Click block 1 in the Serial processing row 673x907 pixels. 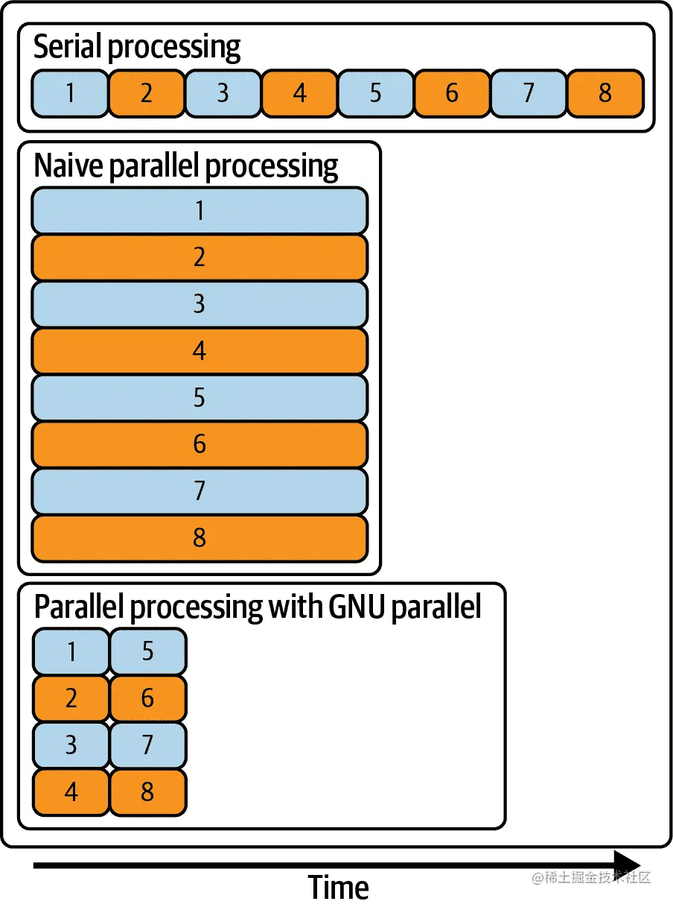(x=70, y=93)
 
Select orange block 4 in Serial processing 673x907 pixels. (x=299, y=93)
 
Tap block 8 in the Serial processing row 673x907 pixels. (x=605, y=93)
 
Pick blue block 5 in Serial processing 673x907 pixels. (x=376, y=93)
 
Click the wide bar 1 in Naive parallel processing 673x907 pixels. (x=200, y=211)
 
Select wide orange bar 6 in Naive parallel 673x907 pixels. (x=200, y=444)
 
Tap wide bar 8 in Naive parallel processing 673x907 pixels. (x=200, y=537)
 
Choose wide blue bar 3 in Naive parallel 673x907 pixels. (x=200, y=304)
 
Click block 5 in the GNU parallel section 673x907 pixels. (x=148, y=651)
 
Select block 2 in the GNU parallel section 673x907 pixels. (x=71, y=698)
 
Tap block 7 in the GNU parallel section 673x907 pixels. (x=148, y=745)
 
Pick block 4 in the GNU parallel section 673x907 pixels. (x=71, y=791)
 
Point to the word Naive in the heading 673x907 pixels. (x=68, y=166)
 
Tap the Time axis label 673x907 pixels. (x=338, y=888)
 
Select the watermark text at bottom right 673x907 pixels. (x=591, y=878)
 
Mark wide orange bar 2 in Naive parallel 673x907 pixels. (x=200, y=258)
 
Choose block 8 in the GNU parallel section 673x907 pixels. (x=148, y=791)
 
